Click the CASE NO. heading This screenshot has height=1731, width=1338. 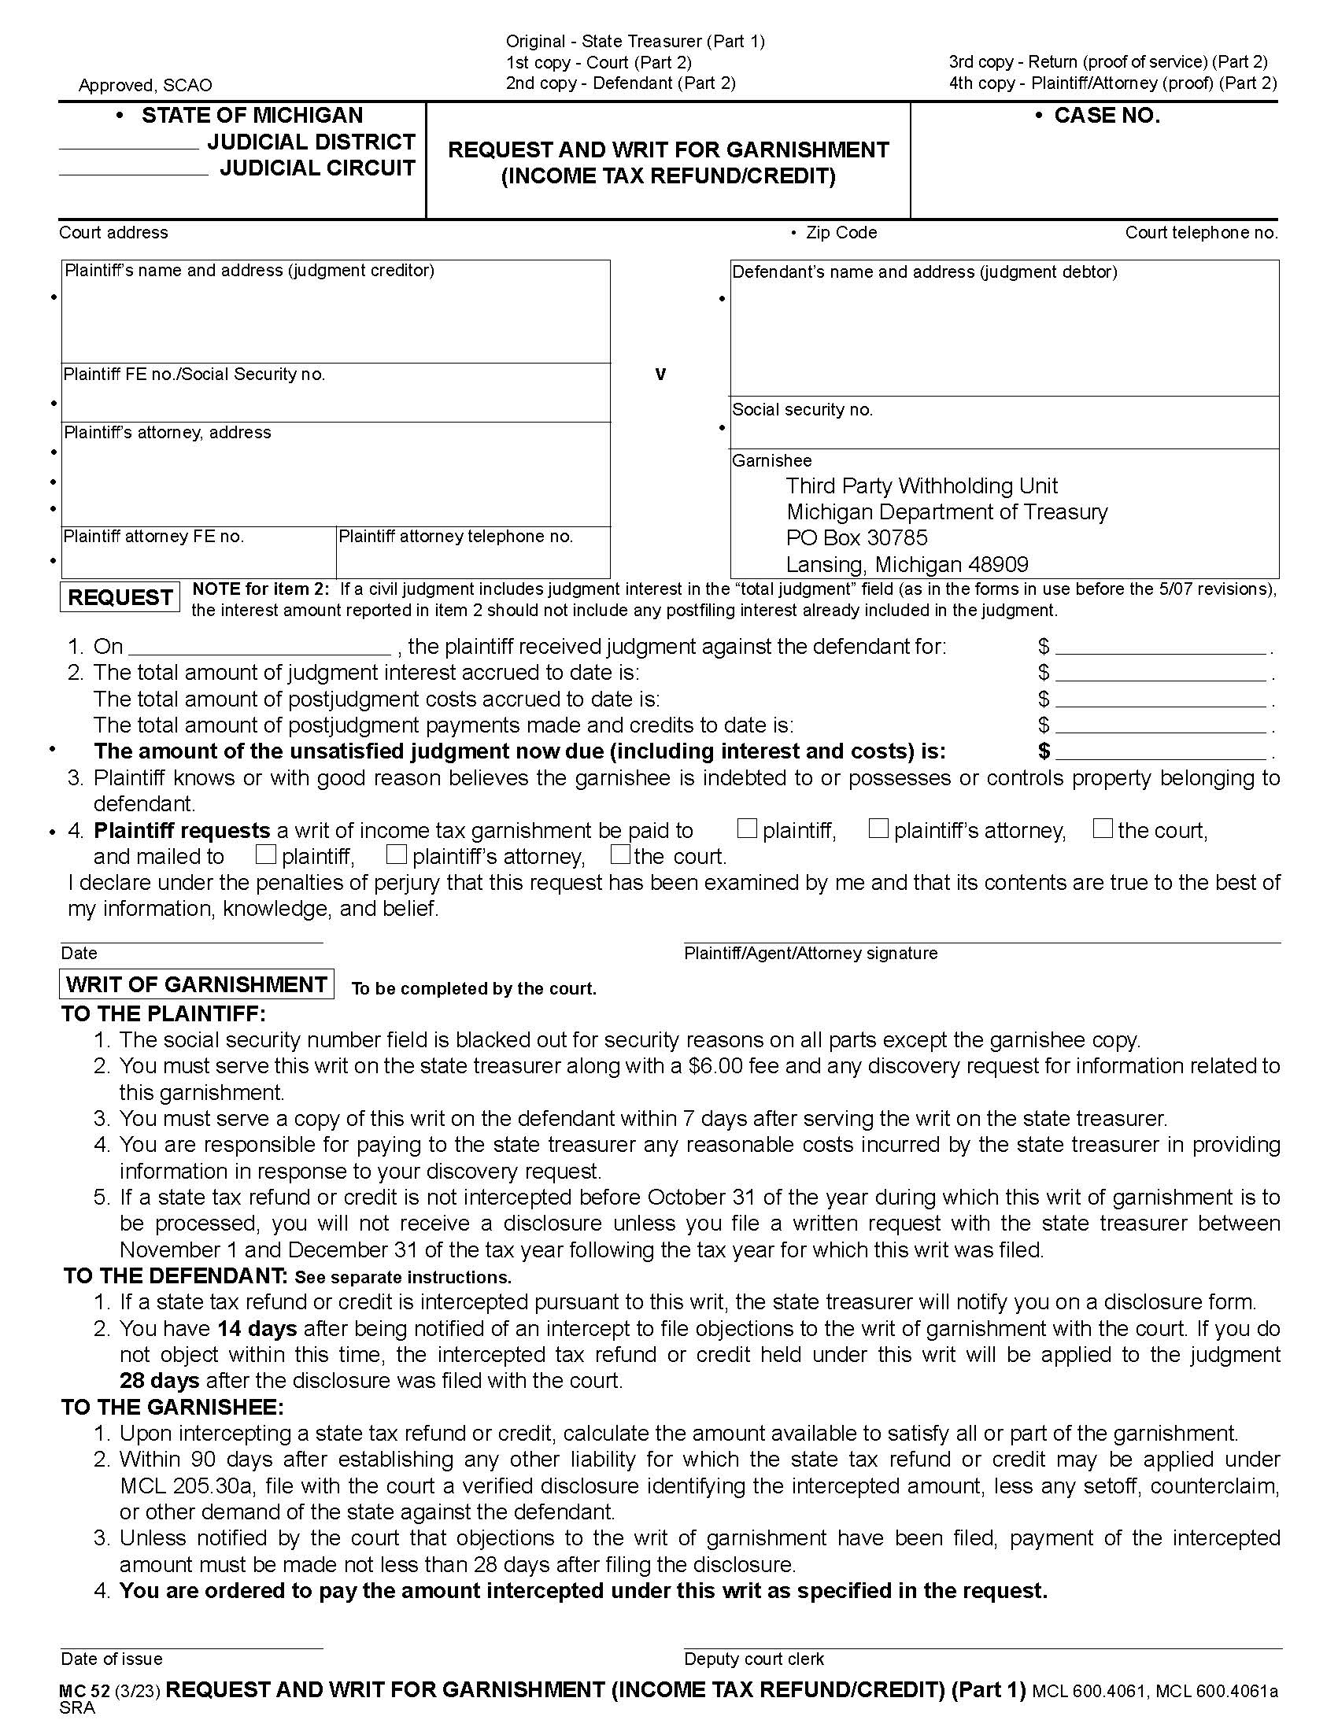click(1106, 116)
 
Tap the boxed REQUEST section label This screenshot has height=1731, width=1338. click(120, 598)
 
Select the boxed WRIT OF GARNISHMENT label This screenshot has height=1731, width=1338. click(197, 984)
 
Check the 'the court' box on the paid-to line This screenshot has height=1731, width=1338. click(1103, 829)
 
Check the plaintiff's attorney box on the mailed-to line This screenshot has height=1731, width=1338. click(397, 854)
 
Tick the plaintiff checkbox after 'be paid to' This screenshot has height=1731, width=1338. click(747, 829)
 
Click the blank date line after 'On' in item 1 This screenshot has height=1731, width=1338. click(259, 647)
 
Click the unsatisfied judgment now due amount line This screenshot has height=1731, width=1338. click(1160, 751)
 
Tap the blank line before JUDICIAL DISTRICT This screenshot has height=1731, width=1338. click(129, 142)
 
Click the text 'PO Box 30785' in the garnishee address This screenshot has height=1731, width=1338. click(856, 538)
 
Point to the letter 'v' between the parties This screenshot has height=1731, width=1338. click(660, 374)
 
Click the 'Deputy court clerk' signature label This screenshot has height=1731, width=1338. click(754, 1659)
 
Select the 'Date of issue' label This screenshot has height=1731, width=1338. click(112, 1659)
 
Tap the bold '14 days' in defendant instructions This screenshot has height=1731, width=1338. click(257, 1328)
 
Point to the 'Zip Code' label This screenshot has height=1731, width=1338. click(841, 233)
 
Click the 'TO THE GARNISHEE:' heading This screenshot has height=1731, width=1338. click(173, 1407)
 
